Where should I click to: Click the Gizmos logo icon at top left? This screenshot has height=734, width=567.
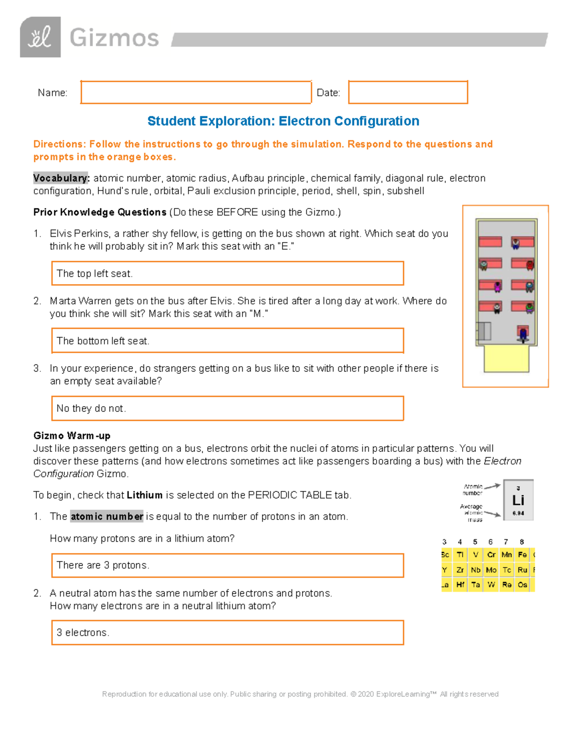[40, 37]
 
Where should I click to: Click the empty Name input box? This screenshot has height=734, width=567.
[196, 92]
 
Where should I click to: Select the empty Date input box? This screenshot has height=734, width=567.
[408, 92]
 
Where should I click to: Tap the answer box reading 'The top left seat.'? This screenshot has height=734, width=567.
[227, 273]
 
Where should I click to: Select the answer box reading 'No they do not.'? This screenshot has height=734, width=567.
[227, 408]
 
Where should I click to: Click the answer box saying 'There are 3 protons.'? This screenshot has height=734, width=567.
[227, 565]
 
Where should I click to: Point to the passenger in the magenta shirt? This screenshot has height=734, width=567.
[497, 286]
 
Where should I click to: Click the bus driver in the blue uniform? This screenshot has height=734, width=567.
[523, 334]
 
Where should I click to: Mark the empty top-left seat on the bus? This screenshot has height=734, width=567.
[490, 242]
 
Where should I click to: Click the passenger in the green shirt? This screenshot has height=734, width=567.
[530, 308]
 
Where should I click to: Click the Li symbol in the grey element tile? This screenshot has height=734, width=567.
[518, 500]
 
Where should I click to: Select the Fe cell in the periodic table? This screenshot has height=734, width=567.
[522, 555]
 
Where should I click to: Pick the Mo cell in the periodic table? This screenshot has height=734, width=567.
[491, 570]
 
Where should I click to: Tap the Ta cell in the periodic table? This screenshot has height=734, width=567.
[476, 585]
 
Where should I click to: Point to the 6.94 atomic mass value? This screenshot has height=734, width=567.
[518, 513]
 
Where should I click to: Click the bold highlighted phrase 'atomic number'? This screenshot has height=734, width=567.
[107, 516]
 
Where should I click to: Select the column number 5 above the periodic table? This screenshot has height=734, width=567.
[475, 542]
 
